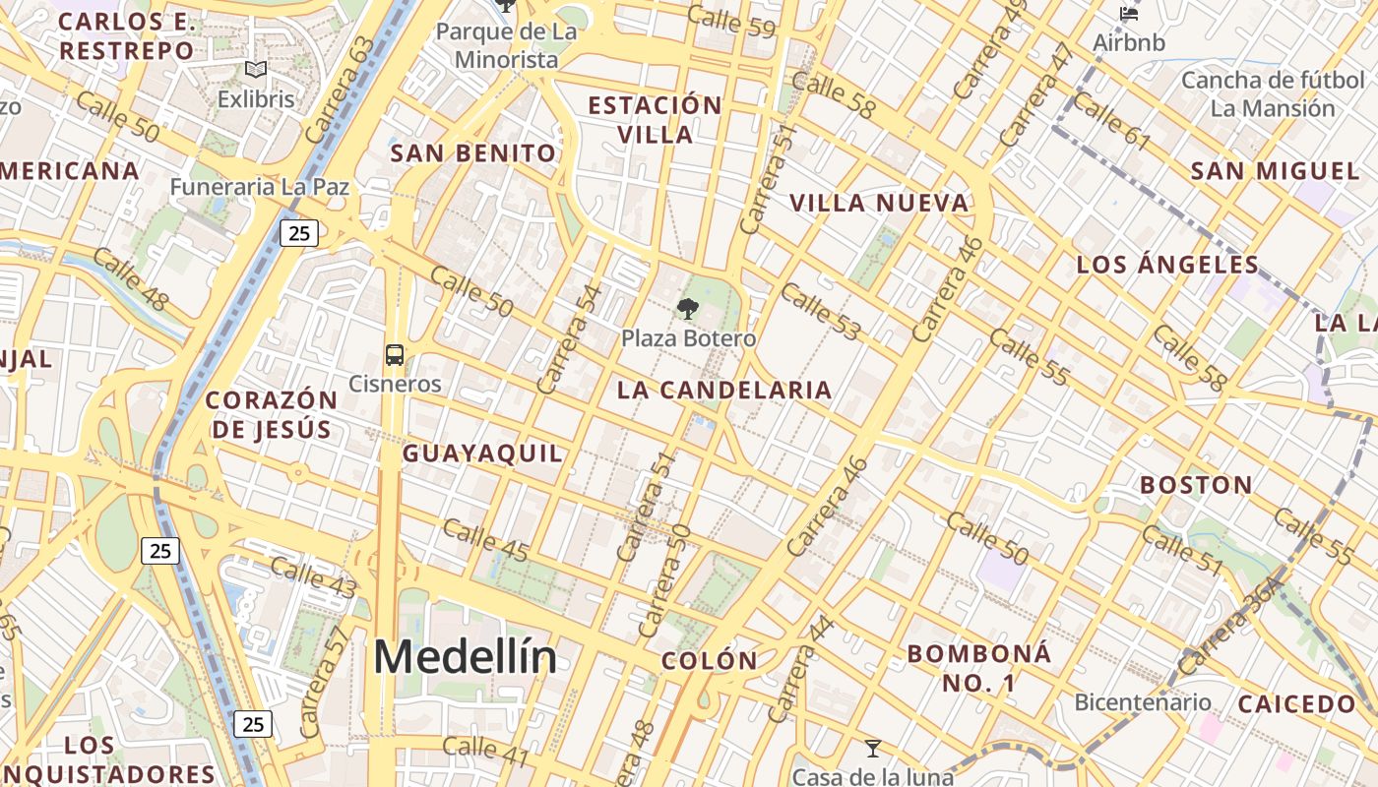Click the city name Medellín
tap(465, 657)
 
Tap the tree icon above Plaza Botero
tap(687, 309)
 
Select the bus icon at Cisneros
tap(395, 355)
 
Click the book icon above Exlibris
tap(256, 70)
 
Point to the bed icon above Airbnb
tap(1129, 14)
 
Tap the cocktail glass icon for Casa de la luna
tap(872, 749)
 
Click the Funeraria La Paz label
tap(259, 186)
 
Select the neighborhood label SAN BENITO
tap(473, 153)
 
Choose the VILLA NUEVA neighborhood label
tap(879, 204)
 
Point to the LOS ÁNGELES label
tap(1167, 265)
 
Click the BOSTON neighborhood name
tap(1196, 485)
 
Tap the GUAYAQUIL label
tap(482, 454)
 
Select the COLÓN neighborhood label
tap(709, 661)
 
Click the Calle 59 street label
tap(731, 22)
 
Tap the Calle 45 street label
tap(485, 541)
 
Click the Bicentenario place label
tap(1142, 702)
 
